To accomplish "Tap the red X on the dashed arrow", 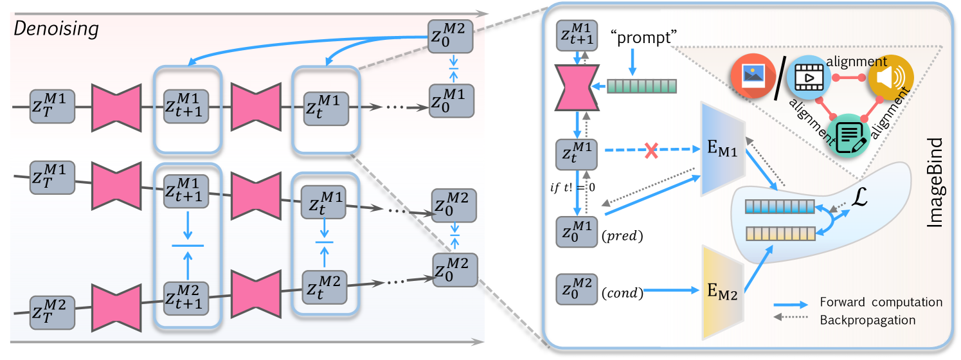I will (651, 151).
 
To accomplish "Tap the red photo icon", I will (750, 76).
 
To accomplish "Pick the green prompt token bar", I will (642, 85).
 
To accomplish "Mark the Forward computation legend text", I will (881, 302).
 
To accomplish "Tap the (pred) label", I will (624, 236).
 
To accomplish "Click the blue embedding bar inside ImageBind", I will (780, 207).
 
